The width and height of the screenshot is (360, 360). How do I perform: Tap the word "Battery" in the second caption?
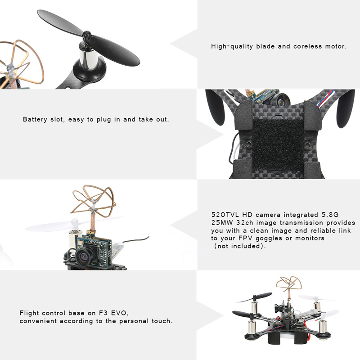[x=35, y=119]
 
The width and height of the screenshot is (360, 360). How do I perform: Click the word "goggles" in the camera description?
[x=269, y=238]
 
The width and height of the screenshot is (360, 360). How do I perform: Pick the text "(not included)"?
[x=239, y=246]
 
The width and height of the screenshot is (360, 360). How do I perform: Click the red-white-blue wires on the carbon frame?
[x=324, y=99]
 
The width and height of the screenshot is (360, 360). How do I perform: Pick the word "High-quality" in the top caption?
[x=232, y=46]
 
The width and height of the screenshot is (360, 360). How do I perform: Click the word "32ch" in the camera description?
[x=245, y=223]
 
